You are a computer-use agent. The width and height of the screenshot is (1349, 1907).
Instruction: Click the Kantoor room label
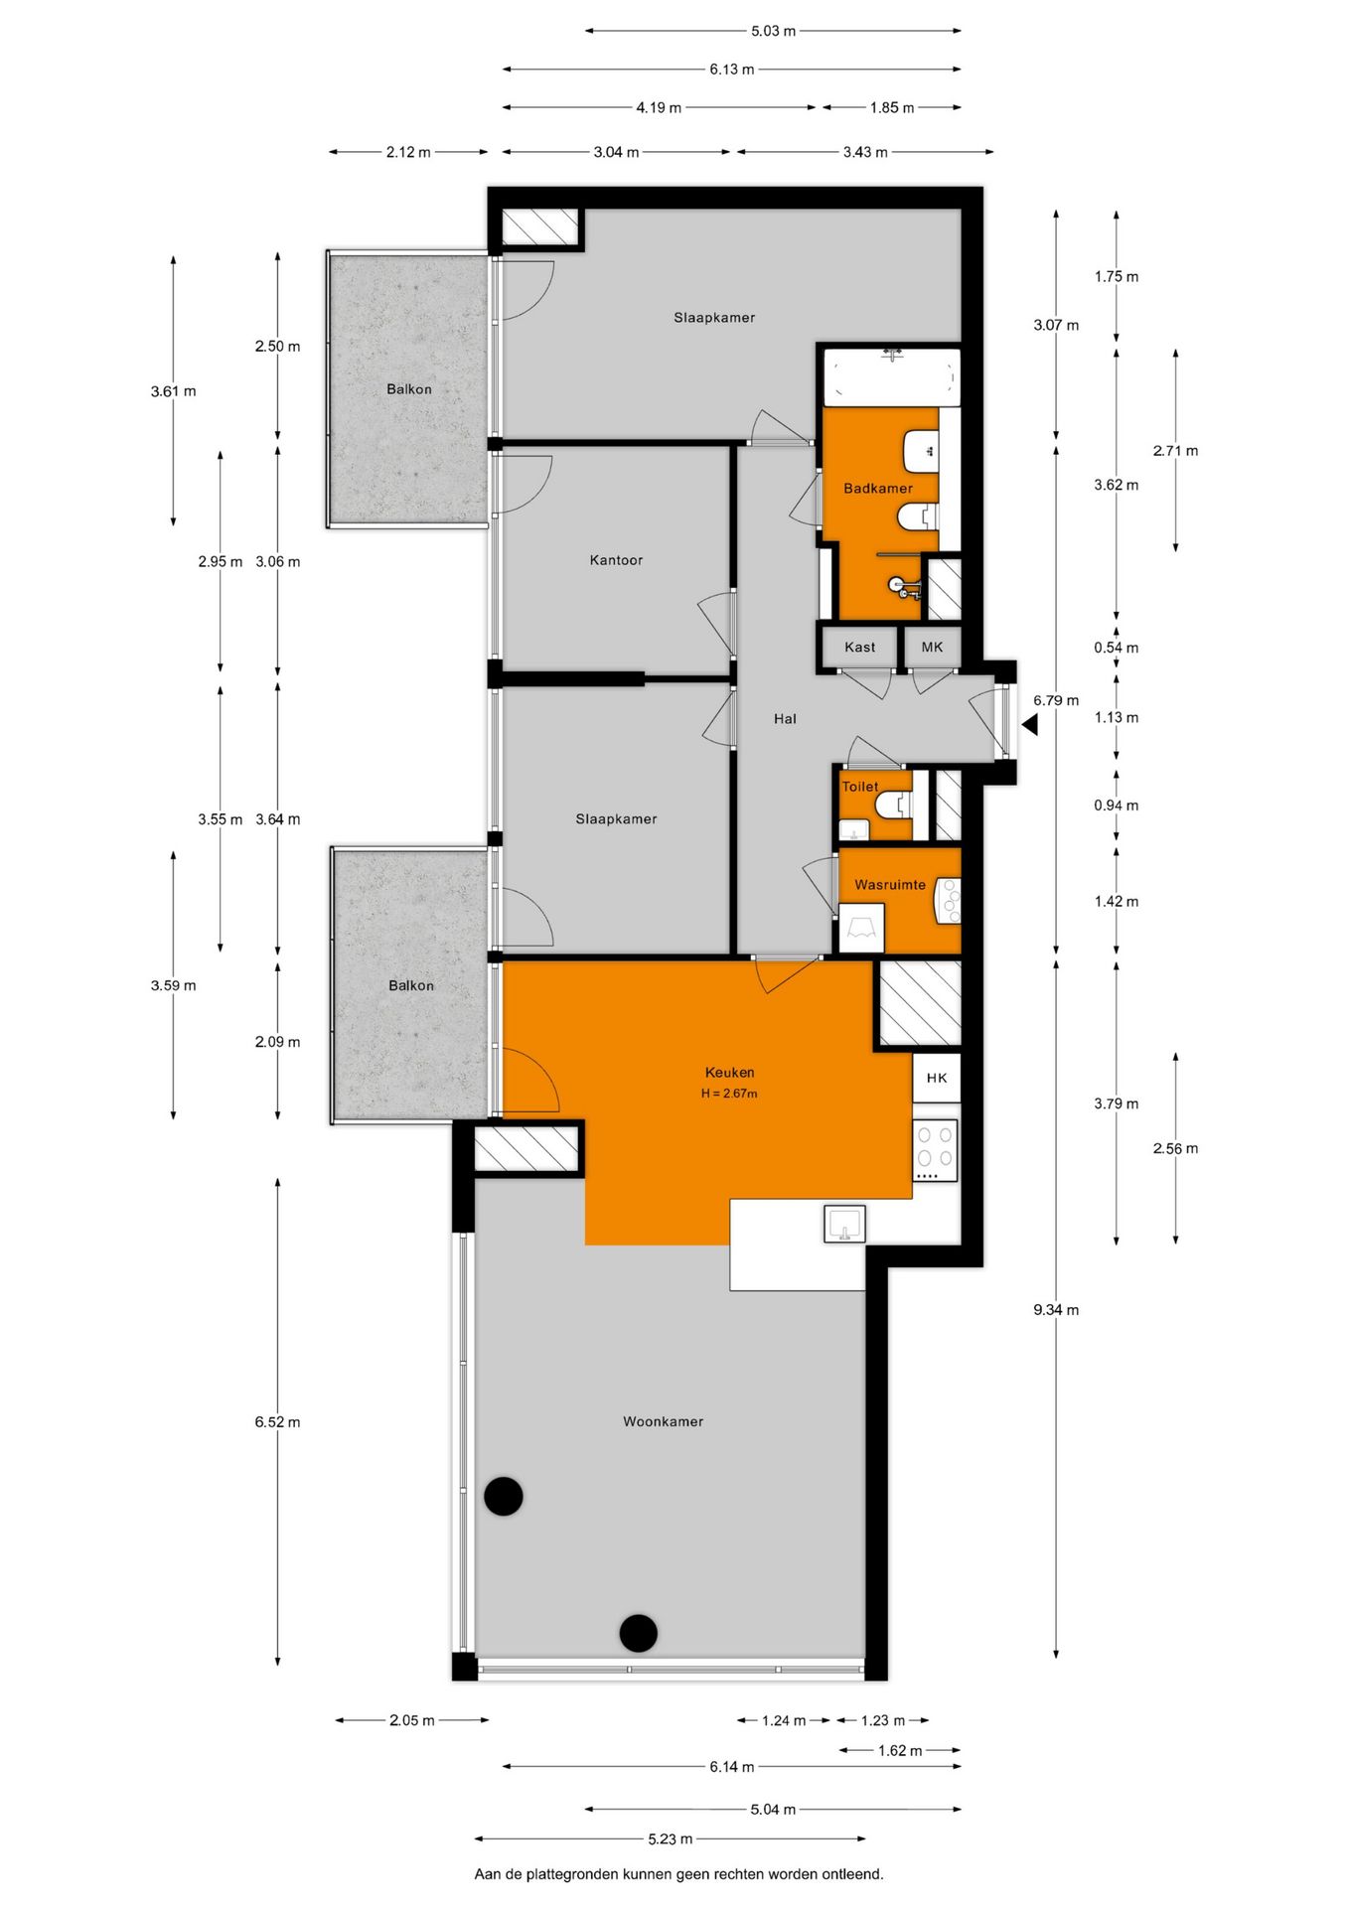(x=616, y=560)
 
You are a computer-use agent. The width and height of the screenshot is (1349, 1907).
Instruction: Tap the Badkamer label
(x=877, y=488)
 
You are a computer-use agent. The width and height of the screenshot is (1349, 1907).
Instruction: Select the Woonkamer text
(x=663, y=1421)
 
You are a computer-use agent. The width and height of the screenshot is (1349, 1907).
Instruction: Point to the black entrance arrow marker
(x=1030, y=725)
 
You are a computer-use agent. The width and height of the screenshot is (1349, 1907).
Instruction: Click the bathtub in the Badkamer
(x=891, y=376)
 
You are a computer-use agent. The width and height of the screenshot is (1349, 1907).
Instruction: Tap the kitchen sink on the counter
(x=844, y=1223)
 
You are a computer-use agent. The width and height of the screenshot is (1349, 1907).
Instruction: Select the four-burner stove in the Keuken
(x=935, y=1150)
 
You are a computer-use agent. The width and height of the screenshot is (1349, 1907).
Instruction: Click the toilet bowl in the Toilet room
(x=893, y=804)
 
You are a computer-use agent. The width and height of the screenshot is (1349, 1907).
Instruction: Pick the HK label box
(x=937, y=1078)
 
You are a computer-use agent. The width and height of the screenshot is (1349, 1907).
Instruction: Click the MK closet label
(x=932, y=648)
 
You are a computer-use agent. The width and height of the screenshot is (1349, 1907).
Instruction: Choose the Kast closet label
(x=859, y=648)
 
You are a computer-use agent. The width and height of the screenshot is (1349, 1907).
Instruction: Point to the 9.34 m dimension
(x=1055, y=1310)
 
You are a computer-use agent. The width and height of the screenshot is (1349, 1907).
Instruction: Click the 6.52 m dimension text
(x=277, y=1421)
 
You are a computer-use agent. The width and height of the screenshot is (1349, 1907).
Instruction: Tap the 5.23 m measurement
(x=670, y=1838)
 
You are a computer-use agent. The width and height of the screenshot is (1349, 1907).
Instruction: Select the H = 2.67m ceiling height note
(x=729, y=1094)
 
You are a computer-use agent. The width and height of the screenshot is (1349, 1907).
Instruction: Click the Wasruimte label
(x=889, y=884)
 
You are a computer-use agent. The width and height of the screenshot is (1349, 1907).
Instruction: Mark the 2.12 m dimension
(x=408, y=152)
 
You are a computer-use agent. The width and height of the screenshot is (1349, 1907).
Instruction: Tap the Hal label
(x=785, y=718)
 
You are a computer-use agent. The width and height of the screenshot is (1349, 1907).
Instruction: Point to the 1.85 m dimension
(x=891, y=107)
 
